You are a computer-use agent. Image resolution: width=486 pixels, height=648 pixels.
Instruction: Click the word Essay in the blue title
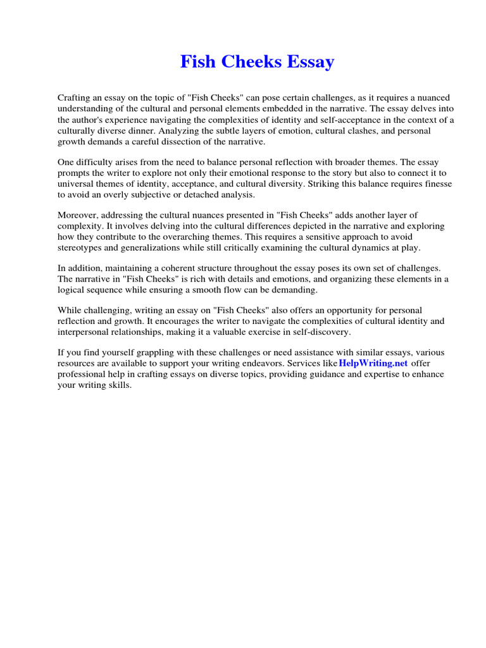click(308, 62)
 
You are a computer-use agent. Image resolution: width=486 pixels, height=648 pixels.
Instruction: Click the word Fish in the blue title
click(196, 62)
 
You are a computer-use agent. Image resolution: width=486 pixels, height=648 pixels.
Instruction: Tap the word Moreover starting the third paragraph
click(79, 216)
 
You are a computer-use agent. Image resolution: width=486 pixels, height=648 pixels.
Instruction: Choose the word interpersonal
click(88, 332)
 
